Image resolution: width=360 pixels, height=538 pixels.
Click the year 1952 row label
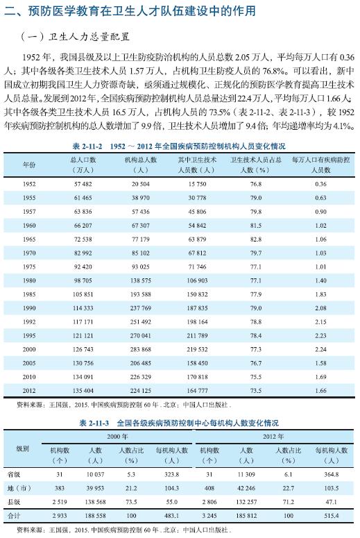[x=29, y=184]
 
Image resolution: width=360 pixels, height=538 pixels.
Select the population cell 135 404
[x=83, y=391]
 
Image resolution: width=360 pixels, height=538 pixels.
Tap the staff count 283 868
[x=139, y=349]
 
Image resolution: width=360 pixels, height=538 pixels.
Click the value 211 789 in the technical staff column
[x=197, y=335]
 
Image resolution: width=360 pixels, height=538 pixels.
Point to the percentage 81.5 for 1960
[x=255, y=226]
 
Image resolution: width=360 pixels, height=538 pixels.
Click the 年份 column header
[x=29, y=165]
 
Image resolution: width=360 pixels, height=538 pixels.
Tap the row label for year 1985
[x=29, y=294]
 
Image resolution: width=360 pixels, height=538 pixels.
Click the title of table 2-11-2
[x=179, y=146]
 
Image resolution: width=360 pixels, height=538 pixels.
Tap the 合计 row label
[x=23, y=516]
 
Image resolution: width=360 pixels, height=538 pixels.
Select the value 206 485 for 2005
[x=139, y=363]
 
